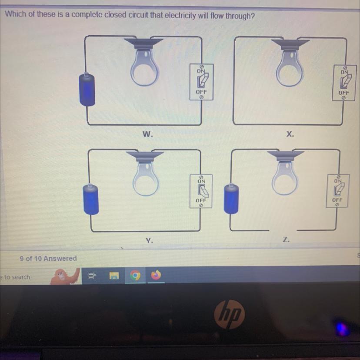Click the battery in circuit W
coord(87,90)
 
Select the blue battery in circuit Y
coord(91,199)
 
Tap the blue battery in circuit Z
coord(231,199)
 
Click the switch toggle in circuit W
coord(203,80)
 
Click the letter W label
coord(147,134)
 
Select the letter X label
coord(290,134)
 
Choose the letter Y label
coord(149,240)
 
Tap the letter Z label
coord(286,240)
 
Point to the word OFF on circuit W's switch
coord(201,92)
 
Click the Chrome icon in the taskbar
coord(135,275)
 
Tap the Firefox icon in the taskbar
coord(156,275)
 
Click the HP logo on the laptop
coord(230,314)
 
